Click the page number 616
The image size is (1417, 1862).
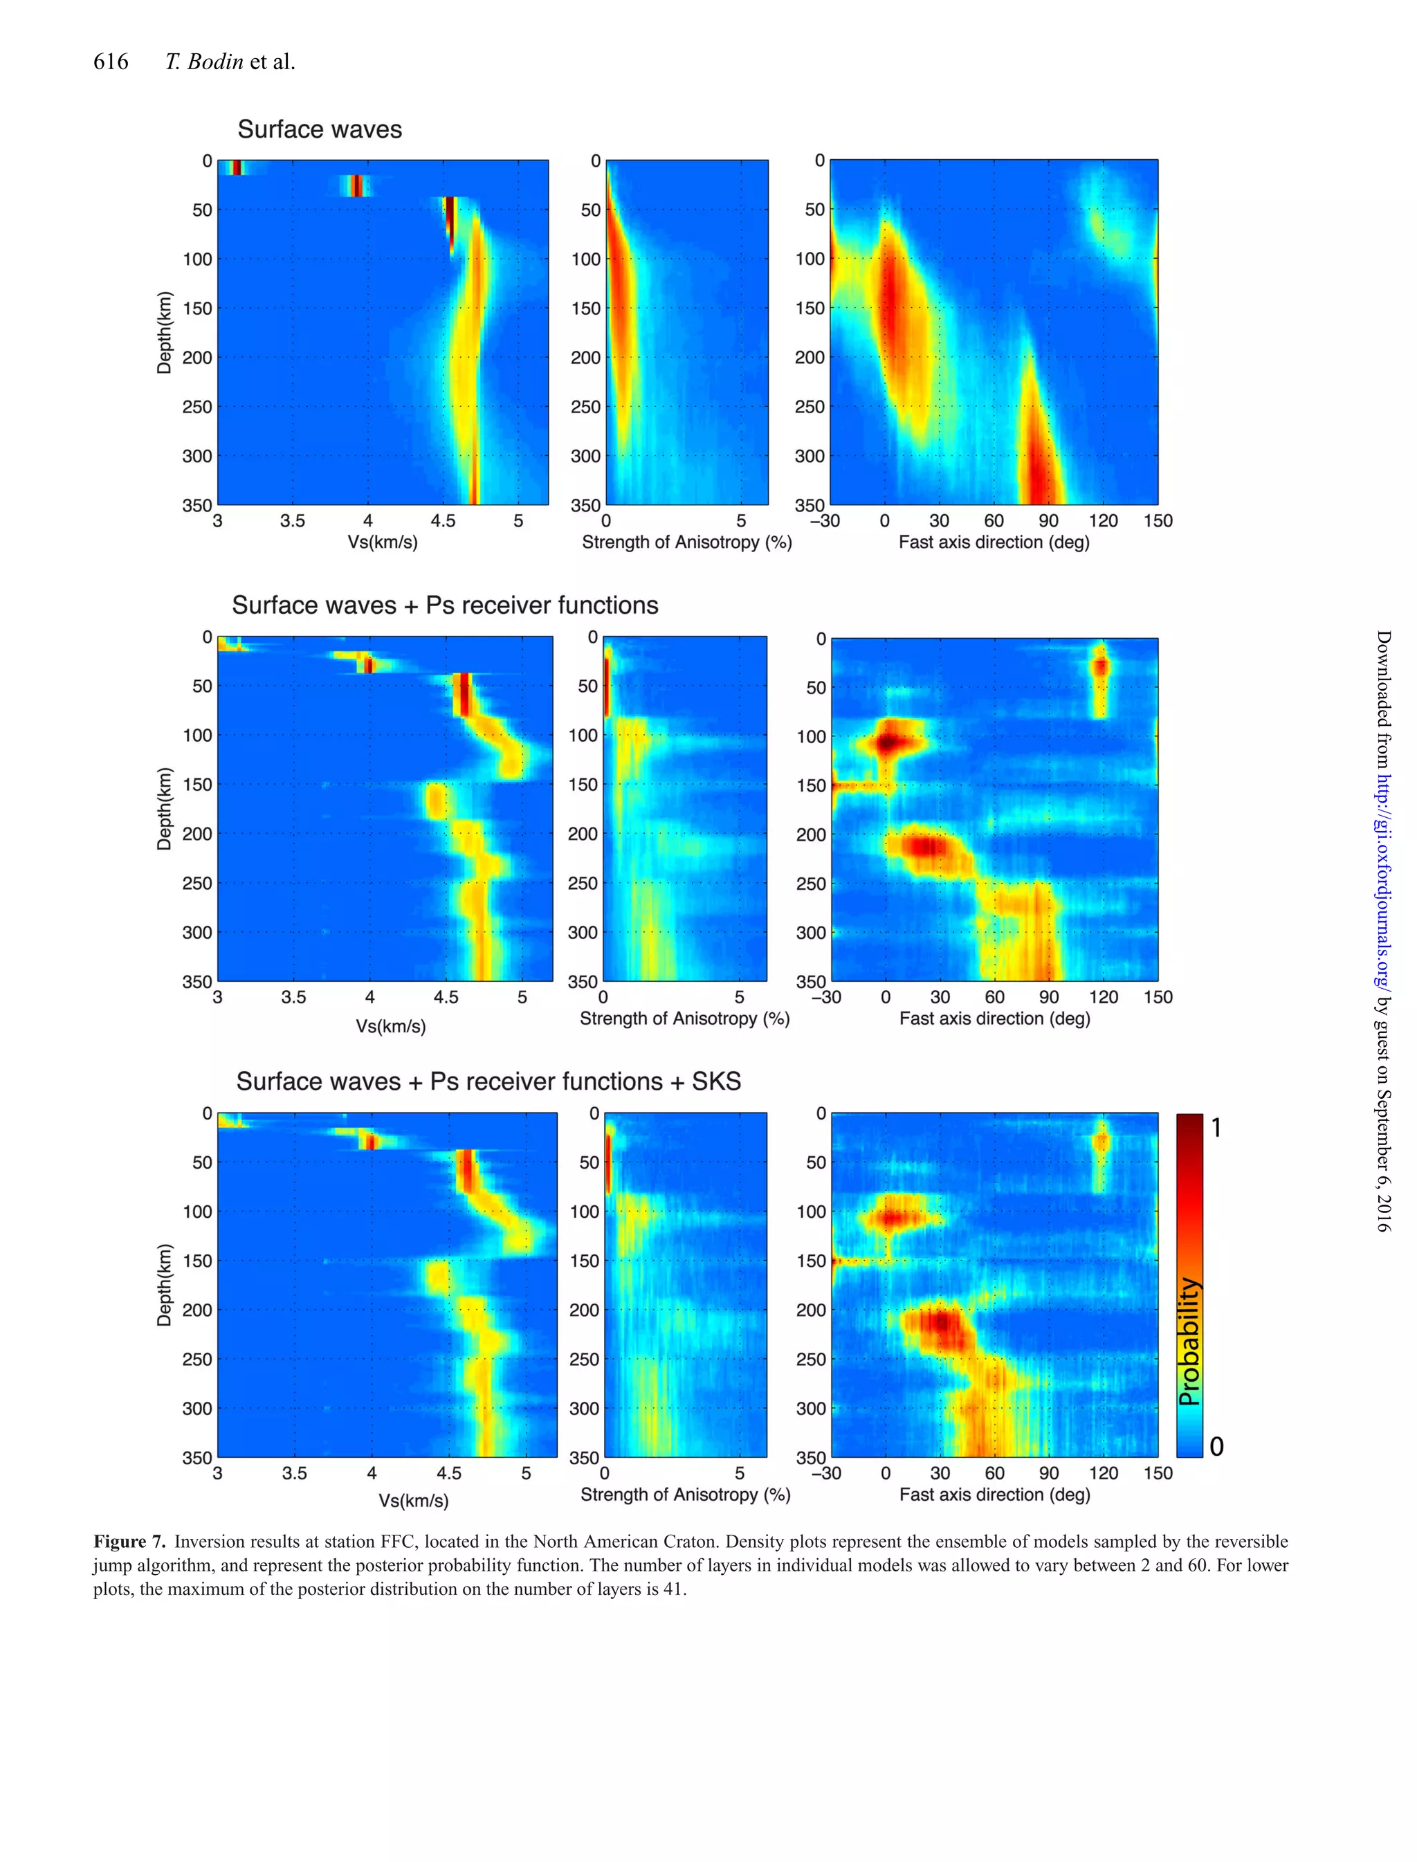coord(111,62)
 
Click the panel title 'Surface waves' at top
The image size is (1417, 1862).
coord(320,129)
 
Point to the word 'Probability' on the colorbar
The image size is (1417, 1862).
coord(1189,1341)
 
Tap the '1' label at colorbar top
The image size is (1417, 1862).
coord(1216,1127)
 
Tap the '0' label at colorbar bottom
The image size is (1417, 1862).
coord(1216,1446)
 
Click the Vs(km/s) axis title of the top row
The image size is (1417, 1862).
coord(382,542)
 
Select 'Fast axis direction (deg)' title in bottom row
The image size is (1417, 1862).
coord(994,1495)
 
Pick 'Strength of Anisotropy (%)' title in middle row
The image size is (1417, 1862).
coord(684,1019)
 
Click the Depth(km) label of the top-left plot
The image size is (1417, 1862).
coord(165,332)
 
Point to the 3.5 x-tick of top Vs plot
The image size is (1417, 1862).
coord(293,521)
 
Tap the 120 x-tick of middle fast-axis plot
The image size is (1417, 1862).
coord(1104,998)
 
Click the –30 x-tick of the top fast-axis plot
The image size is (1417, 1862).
coord(825,521)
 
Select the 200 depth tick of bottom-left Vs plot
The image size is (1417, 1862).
coord(197,1310)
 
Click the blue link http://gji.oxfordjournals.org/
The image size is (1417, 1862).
coord(1382,880)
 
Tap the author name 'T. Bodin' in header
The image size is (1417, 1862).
coord(204,62)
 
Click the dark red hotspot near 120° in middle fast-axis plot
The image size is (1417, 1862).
coord(1100,667)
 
